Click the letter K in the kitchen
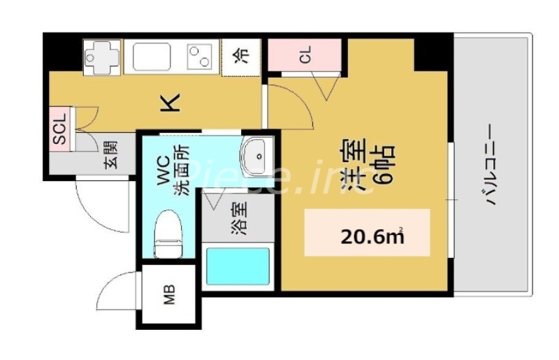[171, 103]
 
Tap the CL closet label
[305, 57]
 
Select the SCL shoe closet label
[60, 130]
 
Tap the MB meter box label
[170, 297]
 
